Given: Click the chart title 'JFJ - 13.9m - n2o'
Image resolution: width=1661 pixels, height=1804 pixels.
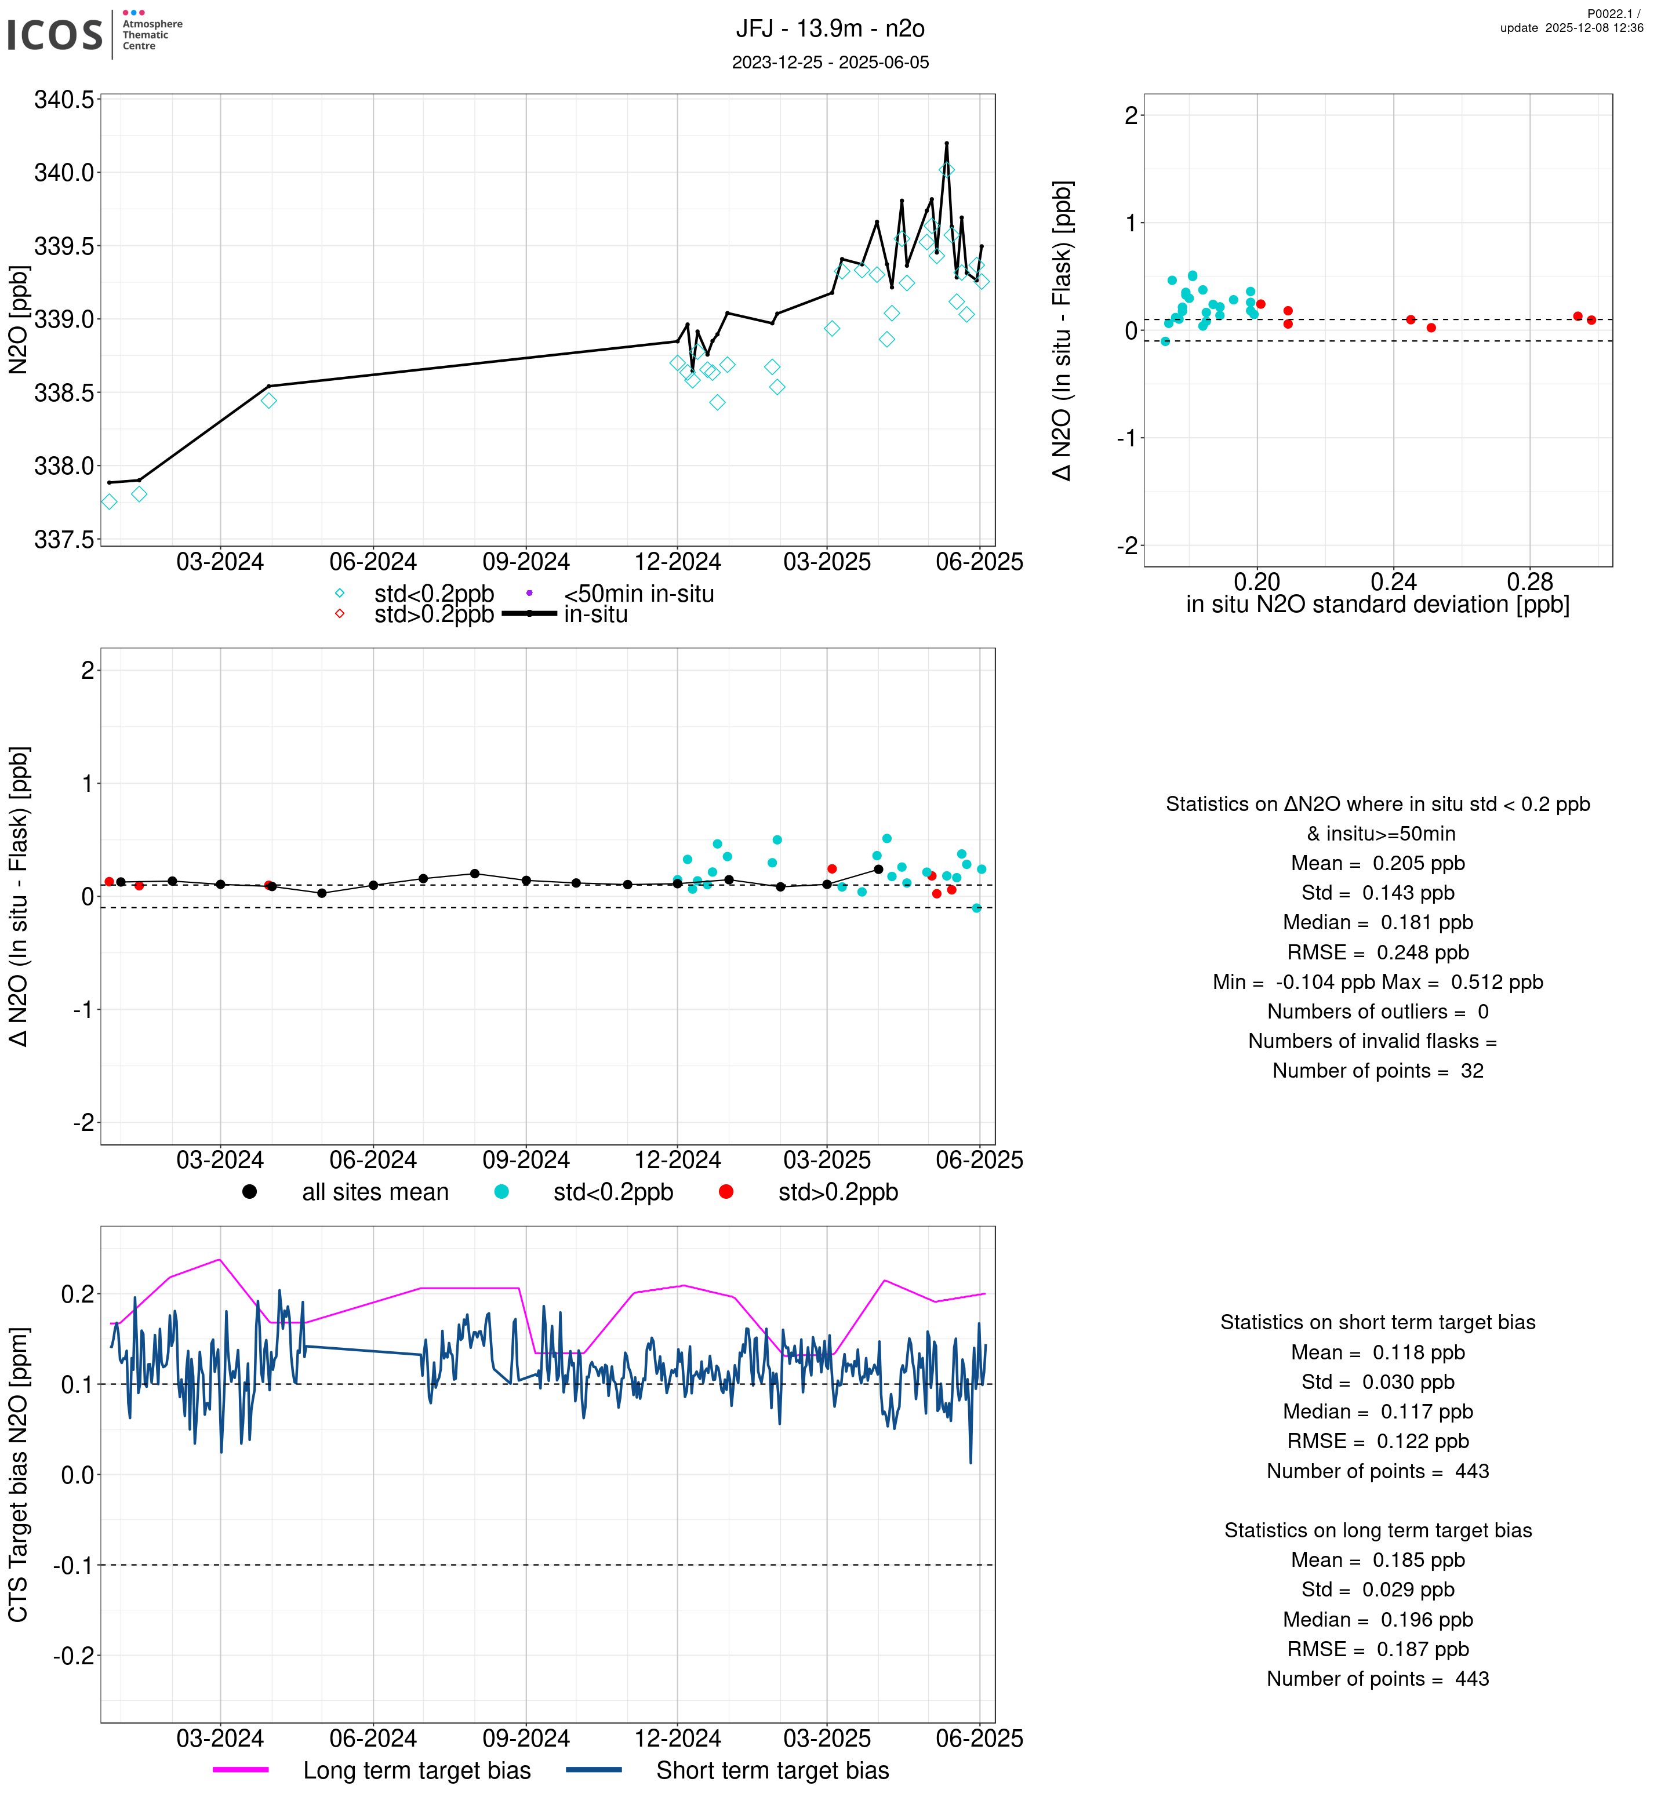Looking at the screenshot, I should click(x=830, y=29).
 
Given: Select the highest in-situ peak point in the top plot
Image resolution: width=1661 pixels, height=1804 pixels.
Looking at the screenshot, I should click(x=946, y=143).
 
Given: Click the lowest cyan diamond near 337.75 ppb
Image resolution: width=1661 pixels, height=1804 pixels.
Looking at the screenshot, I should click(x=109, y=501).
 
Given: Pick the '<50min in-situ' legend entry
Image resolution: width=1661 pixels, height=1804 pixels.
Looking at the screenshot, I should click(x=638, y=594).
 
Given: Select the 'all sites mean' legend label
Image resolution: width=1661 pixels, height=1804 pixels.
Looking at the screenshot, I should click(x=375, y=1192).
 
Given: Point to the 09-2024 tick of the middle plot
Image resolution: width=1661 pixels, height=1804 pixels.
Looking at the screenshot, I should click(x=526, y=1159).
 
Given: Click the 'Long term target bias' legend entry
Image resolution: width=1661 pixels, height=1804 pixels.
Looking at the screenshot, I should click(x=416, y=1770).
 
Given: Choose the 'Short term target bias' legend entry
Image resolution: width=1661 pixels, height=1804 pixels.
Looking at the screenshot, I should click(x=772, y=1770).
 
